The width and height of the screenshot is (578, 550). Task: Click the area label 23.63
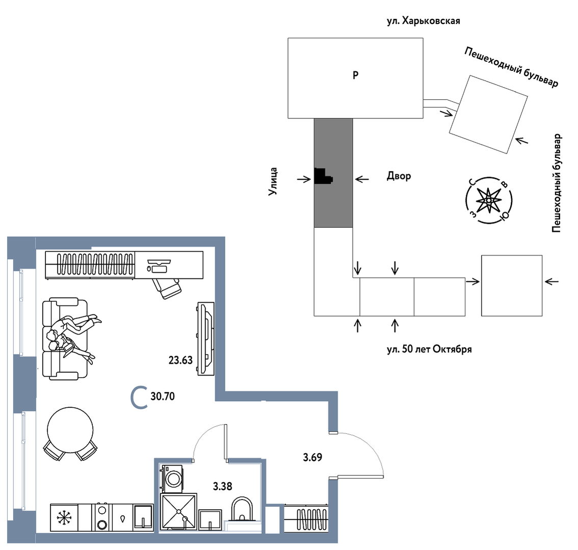tap(180, 360)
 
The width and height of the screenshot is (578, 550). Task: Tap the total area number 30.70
tap(163, 396)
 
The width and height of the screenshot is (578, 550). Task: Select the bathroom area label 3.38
tap(222, 486)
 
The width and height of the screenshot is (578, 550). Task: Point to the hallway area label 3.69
tap(312, 457)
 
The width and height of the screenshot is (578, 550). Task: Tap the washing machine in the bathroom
tap(173, 478)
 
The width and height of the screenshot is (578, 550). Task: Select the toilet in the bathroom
tap(242, 510)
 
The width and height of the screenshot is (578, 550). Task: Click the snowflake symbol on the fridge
tap(64, 518)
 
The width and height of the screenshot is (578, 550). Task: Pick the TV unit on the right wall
tap(205, 338)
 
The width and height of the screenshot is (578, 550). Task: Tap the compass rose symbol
tap(489, 200)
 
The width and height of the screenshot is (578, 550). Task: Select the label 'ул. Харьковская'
tap(424, 21)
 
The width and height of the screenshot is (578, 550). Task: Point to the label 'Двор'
tap(399, 176)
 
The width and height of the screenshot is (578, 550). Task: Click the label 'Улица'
tap(274, 181)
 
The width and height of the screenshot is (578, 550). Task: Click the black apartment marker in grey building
tap(323, 176)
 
